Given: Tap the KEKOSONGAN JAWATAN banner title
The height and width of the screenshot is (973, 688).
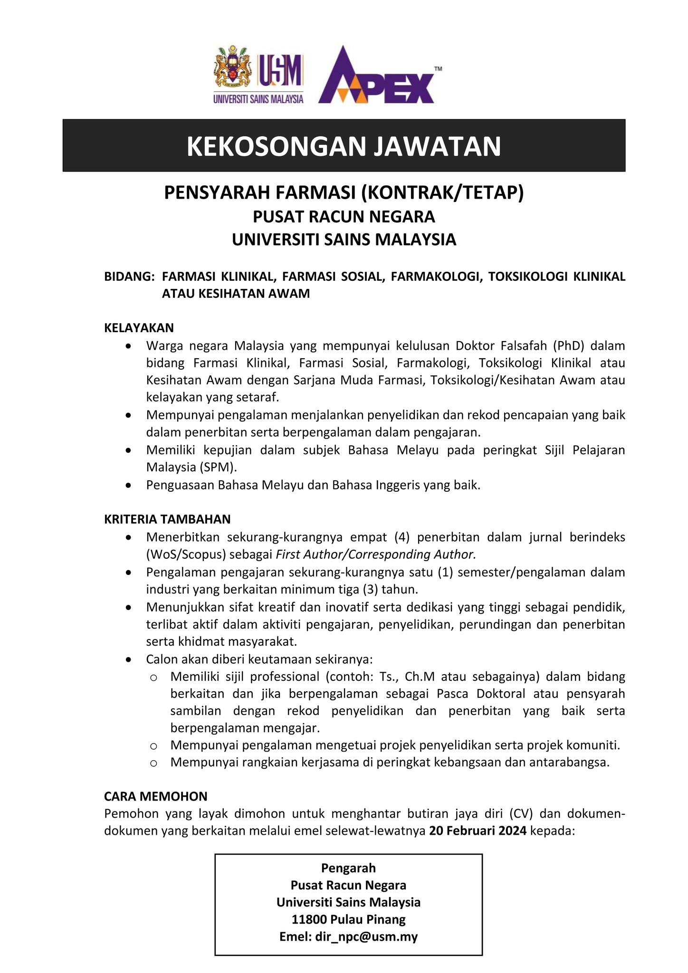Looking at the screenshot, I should [344, 146].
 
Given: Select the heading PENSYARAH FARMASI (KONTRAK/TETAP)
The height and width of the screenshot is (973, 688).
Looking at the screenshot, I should [344, 193].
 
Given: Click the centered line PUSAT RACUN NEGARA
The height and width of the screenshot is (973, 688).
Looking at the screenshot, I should [344, 217].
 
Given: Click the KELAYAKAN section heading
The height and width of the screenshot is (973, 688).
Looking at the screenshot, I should [139, 328].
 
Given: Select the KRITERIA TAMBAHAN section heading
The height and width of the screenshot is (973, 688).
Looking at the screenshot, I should [167, 519].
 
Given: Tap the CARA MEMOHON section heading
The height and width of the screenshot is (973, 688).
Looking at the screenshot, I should [155, 796].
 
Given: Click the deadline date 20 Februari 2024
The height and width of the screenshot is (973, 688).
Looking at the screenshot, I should [478, 831].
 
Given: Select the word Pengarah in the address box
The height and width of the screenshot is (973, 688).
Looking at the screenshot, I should [348, 868].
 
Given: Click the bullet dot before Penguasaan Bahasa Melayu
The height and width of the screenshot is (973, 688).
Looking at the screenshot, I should [128, 486].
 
